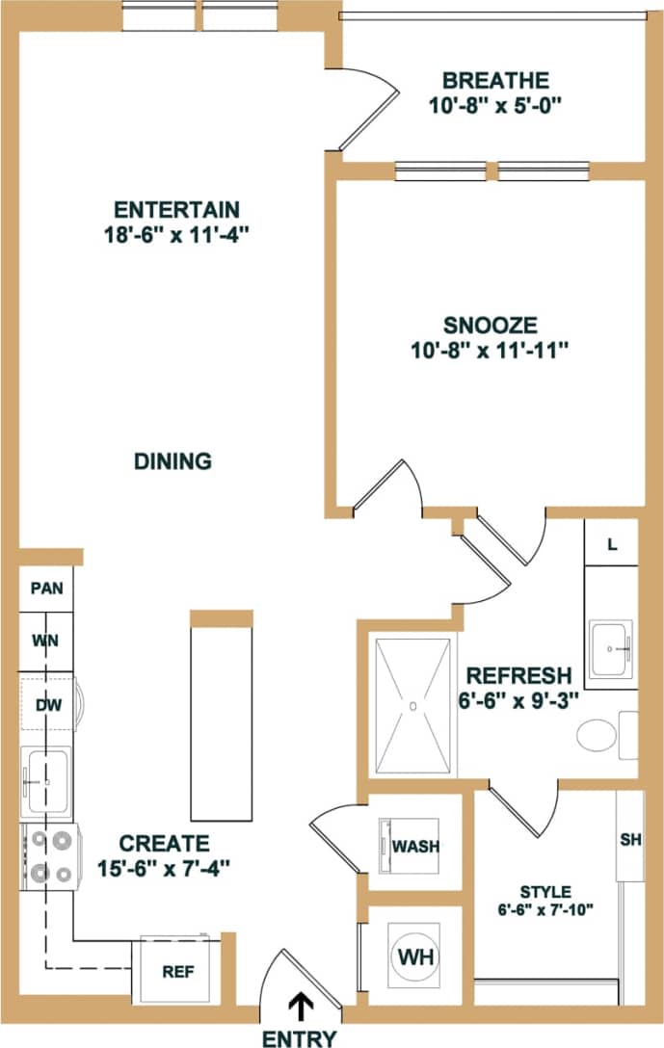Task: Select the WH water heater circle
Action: pos(415,959)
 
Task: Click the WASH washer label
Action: pos(415,847)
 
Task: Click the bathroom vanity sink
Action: pos(611,648)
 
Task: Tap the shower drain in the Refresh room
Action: pos(412,706)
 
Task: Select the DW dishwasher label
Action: pos(49,705)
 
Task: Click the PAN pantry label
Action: pos(46,589)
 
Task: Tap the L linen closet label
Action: pos(612,544)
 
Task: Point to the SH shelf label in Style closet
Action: pos(630,840)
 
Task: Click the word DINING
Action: pos(173,461)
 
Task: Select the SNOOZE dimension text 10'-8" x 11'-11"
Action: pos(491,349)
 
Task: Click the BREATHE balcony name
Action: pos(495,80)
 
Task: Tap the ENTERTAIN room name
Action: pos(176,209)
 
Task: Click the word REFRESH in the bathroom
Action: pos(518,675)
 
